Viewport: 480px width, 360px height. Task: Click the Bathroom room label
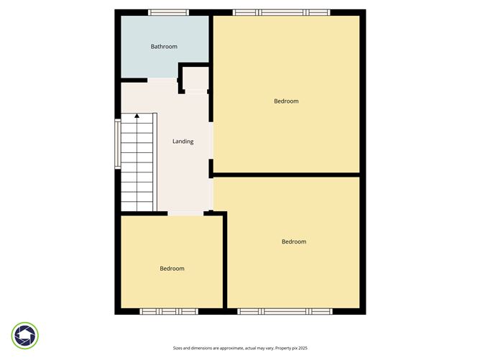tap(164, 47)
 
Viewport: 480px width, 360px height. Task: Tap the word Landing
tap(183, 142)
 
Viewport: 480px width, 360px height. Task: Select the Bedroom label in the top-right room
tap(286, 101)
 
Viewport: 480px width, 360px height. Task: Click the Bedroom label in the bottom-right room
tap(294, 241)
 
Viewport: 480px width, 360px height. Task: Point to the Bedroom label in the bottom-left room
tap(172, 269)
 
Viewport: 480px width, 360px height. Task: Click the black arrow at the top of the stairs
tap(137, 116)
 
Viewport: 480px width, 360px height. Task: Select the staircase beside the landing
tap(137, 164)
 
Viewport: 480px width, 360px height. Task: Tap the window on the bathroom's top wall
tap(169, 12)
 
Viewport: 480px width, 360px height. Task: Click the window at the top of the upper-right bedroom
tap(281, 12)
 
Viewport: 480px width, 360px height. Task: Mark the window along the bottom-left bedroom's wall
tap(168, 311)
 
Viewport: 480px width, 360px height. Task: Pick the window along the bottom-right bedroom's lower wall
tap(285, 311)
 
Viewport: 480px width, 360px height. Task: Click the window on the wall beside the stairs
tap(118, 143)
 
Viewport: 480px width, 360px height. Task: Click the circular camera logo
tap(25, 335)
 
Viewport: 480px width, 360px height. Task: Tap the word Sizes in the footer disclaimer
tap(180, 348)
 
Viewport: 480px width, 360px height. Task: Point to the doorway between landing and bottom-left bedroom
tap(186, 213)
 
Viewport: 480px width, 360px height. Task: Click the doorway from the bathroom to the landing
tap(162, 79)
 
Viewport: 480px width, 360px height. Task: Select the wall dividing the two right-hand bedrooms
tap(287, 174)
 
